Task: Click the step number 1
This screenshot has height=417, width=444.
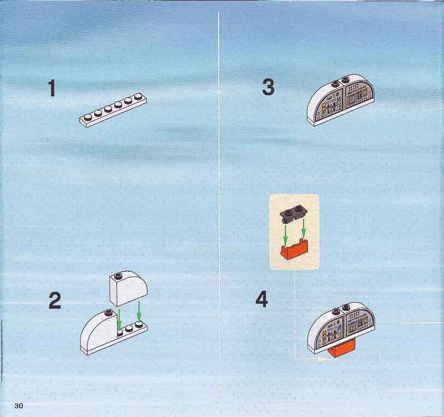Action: [52, 88]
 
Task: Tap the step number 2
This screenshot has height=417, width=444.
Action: [54, 301]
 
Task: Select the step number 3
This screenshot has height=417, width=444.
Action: [268, 87]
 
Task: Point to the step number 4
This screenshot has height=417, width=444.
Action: [262, 299]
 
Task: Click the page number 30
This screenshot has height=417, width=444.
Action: [18, 406]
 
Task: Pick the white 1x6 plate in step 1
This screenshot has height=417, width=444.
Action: [113, 110]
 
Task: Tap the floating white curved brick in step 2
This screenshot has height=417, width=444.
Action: [128, 288]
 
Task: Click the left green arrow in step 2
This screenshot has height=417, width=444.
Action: [120, 318]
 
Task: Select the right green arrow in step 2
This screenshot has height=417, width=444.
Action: [139, 311]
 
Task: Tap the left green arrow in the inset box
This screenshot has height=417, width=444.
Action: [286, 235]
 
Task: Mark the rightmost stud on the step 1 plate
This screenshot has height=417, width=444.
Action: [138, 96]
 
